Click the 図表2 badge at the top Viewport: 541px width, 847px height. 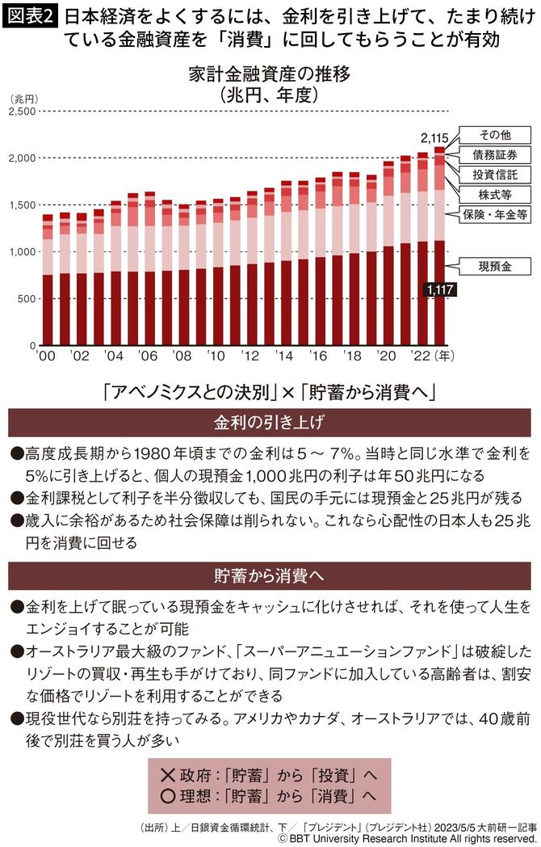click(x=29, y=15)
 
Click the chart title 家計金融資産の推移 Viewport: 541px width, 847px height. click(x=270, y=74)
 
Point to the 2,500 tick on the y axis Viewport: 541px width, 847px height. click(x=23, y=111)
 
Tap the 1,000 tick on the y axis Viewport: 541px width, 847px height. click(x=23, y=251)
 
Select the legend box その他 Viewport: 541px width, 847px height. click(x=495, y=134)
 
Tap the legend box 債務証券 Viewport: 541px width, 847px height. click(x=495, y=154)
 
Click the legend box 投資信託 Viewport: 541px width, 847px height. click(x=495, y=174)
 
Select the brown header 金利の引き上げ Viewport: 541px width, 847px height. click(x=270, y=423)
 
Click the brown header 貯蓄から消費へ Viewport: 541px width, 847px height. click(x=270, y=578)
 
